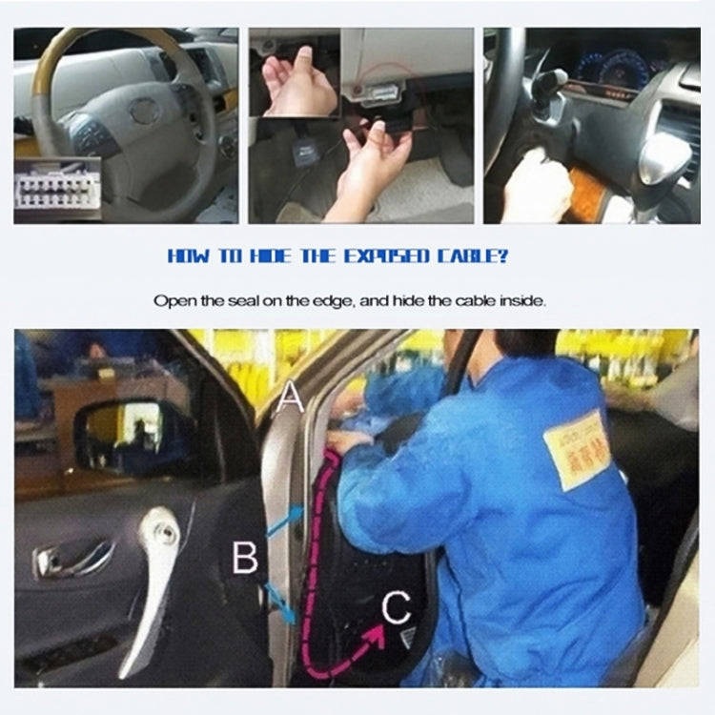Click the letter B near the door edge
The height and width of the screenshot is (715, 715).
[245, 558]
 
